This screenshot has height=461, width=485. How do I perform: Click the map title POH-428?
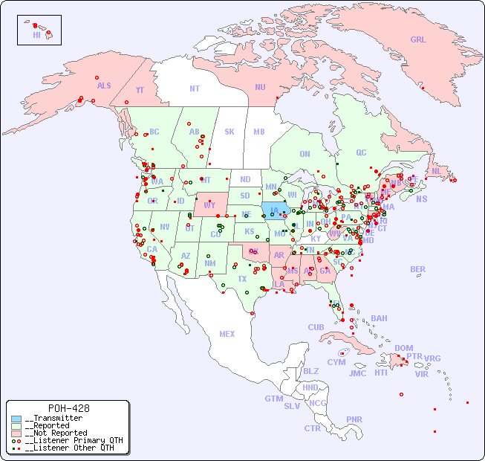(68, 408)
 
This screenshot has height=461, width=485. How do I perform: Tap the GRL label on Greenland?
(418, 40)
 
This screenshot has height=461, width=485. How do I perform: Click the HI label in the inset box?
(37, 35)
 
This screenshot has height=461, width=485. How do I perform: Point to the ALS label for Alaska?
(104, 86)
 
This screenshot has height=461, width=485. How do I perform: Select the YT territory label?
(140, 90)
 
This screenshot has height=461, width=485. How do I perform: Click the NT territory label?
(194, 88)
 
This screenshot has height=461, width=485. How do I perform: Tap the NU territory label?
(260, 87)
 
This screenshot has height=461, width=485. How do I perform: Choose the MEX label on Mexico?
(227, 334)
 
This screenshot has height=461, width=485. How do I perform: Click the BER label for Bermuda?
(418, 269)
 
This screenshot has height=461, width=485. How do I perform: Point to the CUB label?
(316, 327)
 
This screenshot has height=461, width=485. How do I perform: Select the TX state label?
(242, 279)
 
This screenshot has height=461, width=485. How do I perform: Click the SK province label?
(230, 132)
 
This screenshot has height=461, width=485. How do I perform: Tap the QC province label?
(361, 152)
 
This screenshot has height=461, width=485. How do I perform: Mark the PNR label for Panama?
(354, 419)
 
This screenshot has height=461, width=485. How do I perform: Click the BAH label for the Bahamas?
(379, 318)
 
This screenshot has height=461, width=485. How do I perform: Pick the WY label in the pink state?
(209, 204)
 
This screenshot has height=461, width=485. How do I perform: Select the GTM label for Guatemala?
(273, 399)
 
